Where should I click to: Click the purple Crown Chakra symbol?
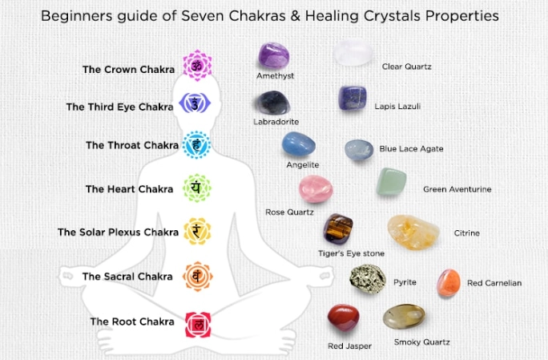click(195, 66)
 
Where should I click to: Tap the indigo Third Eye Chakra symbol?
click(195, 103)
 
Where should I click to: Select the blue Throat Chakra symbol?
click(195, 145)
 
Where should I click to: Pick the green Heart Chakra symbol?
click(195, 188)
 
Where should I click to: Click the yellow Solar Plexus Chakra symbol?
click(195, 232)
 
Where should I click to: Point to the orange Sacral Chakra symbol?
click(195, 276)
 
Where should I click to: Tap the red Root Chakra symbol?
click(195, 324)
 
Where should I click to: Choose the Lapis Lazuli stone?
click(353, 100)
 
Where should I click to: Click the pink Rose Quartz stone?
click(315, 189)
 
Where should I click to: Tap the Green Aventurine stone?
click(391, 183)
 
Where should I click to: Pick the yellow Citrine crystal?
click(412, 232)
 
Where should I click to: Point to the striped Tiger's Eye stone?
click(338, 230)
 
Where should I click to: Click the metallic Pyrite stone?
click(369, 281)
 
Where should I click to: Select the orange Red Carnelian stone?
click(448, 282)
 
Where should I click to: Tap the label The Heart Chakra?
click(129, 189)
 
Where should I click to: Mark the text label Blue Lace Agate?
click(410, 149)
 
